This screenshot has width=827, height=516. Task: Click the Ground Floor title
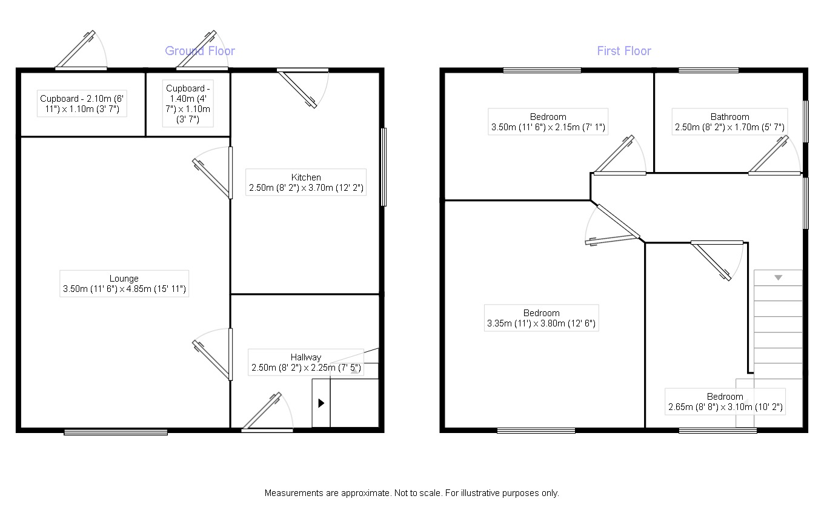coord(200,51)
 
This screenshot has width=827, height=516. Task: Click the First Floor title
coord(623,51)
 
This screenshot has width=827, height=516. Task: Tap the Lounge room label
coord(124,284)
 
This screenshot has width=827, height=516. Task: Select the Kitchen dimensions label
coord(306,183)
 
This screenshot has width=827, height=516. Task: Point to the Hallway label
coord(306,362)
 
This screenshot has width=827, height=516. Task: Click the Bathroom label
coord(729,122)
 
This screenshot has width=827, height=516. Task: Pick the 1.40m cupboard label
coord(188,104)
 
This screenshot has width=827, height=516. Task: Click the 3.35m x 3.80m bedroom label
coord(541,319)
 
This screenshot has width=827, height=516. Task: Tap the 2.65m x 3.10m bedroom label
coord(725,402)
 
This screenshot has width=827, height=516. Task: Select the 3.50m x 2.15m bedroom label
coord(548,122)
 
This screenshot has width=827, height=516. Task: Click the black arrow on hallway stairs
coord(321,403)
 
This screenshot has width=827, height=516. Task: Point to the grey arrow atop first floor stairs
coord(778,277)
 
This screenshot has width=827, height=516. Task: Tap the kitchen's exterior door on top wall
coord(300,88)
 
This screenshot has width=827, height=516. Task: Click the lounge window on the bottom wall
coord(116,432)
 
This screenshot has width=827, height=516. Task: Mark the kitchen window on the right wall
coord(383,167)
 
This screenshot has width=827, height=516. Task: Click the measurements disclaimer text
coord(411,493)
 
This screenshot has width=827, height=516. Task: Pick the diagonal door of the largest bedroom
coord(618,222)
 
